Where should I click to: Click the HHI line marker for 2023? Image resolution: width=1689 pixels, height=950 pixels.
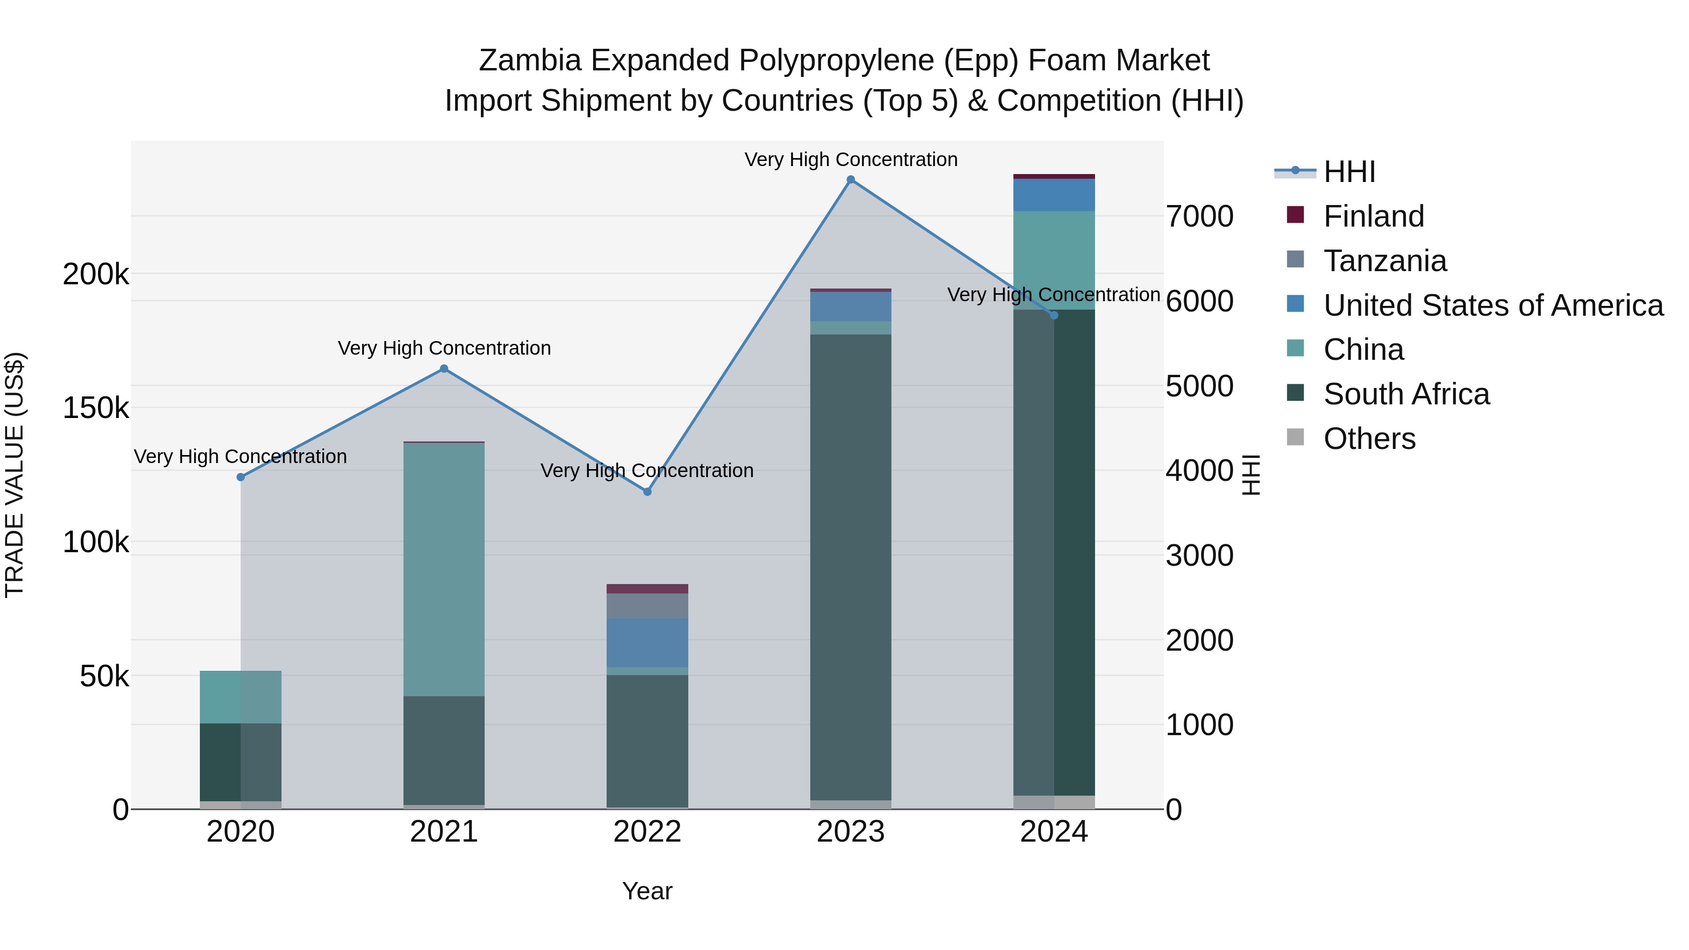[851, 180]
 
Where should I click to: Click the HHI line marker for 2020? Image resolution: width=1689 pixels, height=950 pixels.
[241, 477]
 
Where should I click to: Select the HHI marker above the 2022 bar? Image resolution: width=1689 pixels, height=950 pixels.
[647, 492]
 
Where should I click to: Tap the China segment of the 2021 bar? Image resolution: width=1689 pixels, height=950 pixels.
[444, 569]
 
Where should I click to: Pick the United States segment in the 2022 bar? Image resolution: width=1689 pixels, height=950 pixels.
[647, 643]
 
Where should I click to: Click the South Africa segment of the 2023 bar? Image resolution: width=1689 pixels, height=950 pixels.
[851, 567]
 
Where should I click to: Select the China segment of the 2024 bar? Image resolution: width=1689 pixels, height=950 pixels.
[1054, 260]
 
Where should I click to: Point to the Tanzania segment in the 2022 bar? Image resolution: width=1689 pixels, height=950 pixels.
[647, 606]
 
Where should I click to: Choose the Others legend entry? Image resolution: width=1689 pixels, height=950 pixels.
[1369, 439]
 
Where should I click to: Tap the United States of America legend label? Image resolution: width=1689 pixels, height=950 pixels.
[1493, 305]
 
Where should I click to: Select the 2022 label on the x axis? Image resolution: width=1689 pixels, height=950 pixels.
[647, 832]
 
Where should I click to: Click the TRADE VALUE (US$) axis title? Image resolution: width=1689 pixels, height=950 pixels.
[15, 475]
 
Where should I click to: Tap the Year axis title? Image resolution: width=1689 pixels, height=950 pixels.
[647, 891]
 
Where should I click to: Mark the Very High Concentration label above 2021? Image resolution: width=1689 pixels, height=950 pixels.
[444, 348]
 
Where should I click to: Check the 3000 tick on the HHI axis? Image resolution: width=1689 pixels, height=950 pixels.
[1199, 555]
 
